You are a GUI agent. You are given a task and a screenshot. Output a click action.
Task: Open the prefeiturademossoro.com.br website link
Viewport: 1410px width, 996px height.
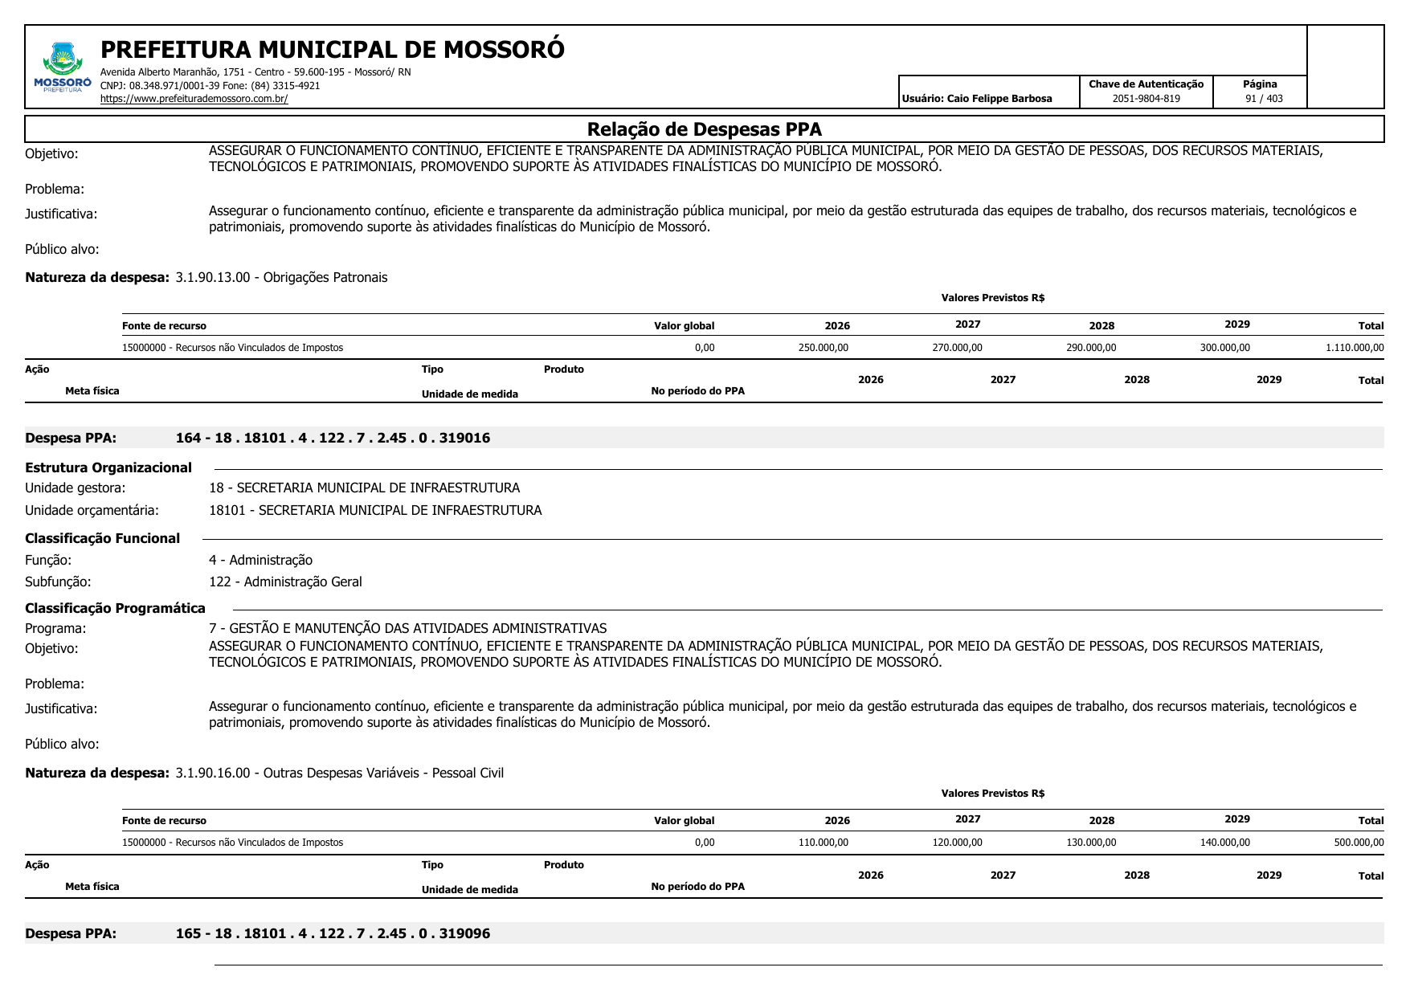pos(194,99)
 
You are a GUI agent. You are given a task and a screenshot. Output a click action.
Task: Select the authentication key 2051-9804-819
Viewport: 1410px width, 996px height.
pos(1146,99)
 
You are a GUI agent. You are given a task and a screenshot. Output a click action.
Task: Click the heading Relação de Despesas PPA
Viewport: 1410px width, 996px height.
pos(704,129)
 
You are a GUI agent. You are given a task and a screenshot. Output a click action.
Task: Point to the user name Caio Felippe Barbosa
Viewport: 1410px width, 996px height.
pos(999,99)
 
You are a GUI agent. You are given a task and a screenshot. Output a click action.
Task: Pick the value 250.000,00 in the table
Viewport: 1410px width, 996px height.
pos(823,348)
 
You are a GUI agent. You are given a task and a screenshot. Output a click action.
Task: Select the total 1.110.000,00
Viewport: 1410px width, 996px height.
pos(1355,348)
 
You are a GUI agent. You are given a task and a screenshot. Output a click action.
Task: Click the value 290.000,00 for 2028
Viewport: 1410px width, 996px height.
pos(1091,348)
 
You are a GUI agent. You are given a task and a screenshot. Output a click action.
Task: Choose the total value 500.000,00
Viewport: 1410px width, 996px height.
pos(1359,843)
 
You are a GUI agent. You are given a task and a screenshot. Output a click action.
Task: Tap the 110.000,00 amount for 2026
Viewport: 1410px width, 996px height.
pos(823,843)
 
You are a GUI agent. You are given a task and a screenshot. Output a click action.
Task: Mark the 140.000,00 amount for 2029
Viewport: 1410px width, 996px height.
pos(1224,843)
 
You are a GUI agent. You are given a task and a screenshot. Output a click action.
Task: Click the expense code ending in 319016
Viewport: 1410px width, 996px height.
pos(333,438)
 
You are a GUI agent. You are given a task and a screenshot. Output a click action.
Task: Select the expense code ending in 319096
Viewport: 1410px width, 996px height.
pos(333,933)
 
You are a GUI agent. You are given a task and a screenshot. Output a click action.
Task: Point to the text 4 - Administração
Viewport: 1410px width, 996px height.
pos(260,560)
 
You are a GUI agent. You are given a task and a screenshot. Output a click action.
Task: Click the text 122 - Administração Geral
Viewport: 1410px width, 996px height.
pos(285,582)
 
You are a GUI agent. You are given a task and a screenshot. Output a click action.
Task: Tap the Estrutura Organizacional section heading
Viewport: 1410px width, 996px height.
pos(108,467)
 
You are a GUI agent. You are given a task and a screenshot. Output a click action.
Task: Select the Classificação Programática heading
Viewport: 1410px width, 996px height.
pos(115,608)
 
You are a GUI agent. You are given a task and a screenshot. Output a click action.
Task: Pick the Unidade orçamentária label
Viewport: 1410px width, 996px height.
pos(92,510)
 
